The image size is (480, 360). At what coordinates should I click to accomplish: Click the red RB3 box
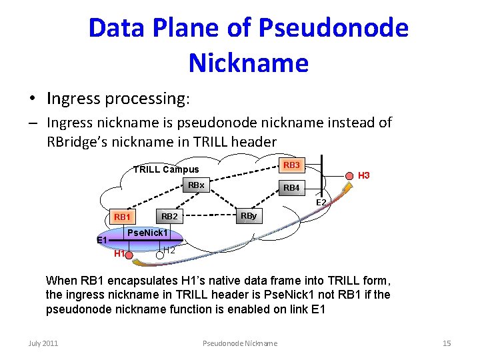(291, 165)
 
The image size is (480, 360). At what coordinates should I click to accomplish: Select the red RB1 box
(123, 217)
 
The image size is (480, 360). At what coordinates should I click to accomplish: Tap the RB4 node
(291, 189)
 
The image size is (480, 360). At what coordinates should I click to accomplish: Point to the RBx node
(196, 185)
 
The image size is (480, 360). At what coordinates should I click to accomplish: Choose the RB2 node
(169, 217)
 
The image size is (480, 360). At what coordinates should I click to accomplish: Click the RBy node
(249, 217)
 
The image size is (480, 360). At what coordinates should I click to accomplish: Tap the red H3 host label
(364, 176)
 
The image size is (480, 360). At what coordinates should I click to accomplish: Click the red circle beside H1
(130, 254)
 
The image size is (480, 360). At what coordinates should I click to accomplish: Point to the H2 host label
(169, 251)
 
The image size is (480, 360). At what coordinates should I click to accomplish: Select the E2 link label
(321, 202)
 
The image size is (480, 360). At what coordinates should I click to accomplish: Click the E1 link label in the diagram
(102, 240)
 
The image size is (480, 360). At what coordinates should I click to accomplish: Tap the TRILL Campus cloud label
(166, 169)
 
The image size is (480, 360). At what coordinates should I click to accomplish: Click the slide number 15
(447, 343)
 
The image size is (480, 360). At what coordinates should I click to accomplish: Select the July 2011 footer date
(43, 343)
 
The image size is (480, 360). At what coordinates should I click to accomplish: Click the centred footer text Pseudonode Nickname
(239, 343)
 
